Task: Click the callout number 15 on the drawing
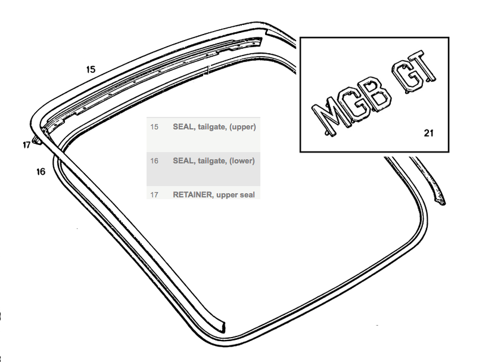pos(91,69)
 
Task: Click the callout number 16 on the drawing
pos(41,172)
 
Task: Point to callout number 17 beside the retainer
pos(27,145)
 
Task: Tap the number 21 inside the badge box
pos(428,133)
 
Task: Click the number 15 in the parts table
pos(154,127)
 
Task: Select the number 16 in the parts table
pos(154,161)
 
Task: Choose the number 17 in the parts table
pos(154,195)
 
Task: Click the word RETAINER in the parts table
pos(192,195)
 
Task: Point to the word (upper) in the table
pos(242,127)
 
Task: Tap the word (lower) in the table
pos(242,161)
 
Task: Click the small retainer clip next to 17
pos(37,140)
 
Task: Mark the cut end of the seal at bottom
pos(223,327)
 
